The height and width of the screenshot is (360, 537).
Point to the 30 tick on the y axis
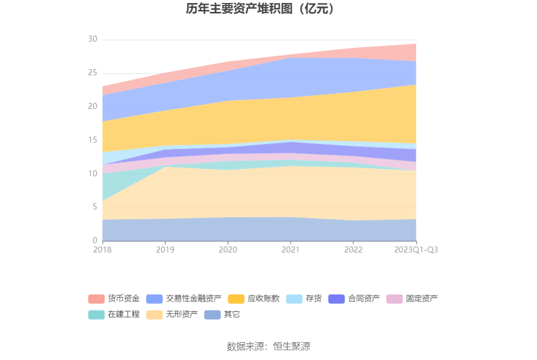pyautogui.click(x=93, y=40)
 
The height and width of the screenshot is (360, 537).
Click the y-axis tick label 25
pyautogui.click(x=93, y=73)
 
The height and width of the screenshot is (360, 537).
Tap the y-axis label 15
pyautogui.click(x=93, y=140)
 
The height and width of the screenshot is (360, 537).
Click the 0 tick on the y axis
pyautogui.click(x=95, y=241)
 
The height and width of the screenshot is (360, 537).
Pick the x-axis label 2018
pyautogui.click(x=102, y=250)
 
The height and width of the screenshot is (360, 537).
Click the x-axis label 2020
pyautogui.click(x=227, y=250)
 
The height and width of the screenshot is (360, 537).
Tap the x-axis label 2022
pyautogui.click(x=353, y=250)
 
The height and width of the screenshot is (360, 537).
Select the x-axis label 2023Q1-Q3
pyautogui.click(x=416, y=250)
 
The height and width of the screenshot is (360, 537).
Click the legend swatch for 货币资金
pyautogui.click(x=96, y=299)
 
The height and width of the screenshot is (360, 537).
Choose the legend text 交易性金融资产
pyautogui.click(x=194, y=299)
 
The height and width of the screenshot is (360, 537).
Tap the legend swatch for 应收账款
pyautogui.click(x=236, y=299)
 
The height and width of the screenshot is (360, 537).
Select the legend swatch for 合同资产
pyautogui.click(x=336, y=299)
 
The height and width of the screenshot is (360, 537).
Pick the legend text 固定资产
pyautogui.click(x=422, y=299)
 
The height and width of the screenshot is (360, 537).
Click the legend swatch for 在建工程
pyautogui.click(x=96, y=315)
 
